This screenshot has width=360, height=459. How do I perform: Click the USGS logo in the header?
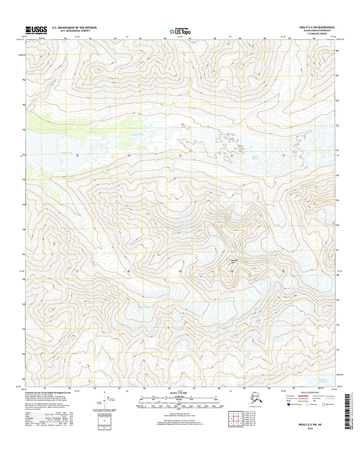35,30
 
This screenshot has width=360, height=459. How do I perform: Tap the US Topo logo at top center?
180,30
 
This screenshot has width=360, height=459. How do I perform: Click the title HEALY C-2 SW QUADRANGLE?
317,27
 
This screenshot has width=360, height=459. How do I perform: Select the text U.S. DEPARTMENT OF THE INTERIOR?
74,27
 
